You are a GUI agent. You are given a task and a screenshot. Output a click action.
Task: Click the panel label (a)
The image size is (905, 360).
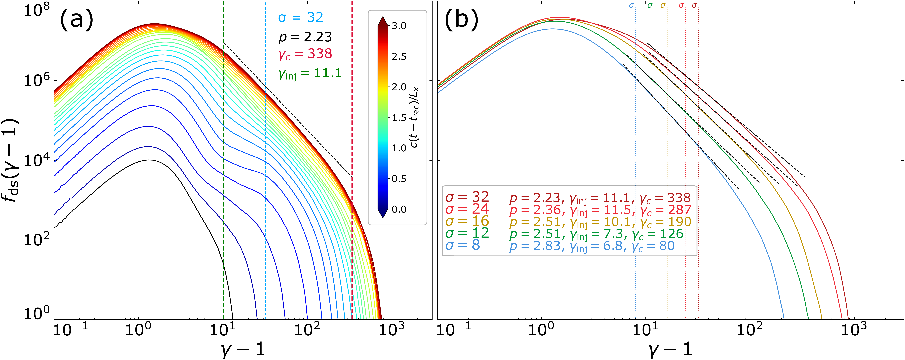click(x=77, y=19)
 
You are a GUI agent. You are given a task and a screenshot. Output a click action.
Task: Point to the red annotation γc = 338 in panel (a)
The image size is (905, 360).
click(x=305, y=54)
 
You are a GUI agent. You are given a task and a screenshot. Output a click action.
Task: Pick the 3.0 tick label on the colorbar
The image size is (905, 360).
click(x=399, y=26)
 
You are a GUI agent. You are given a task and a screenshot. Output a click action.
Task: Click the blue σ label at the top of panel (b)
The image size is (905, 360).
click(x=631, y=6)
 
